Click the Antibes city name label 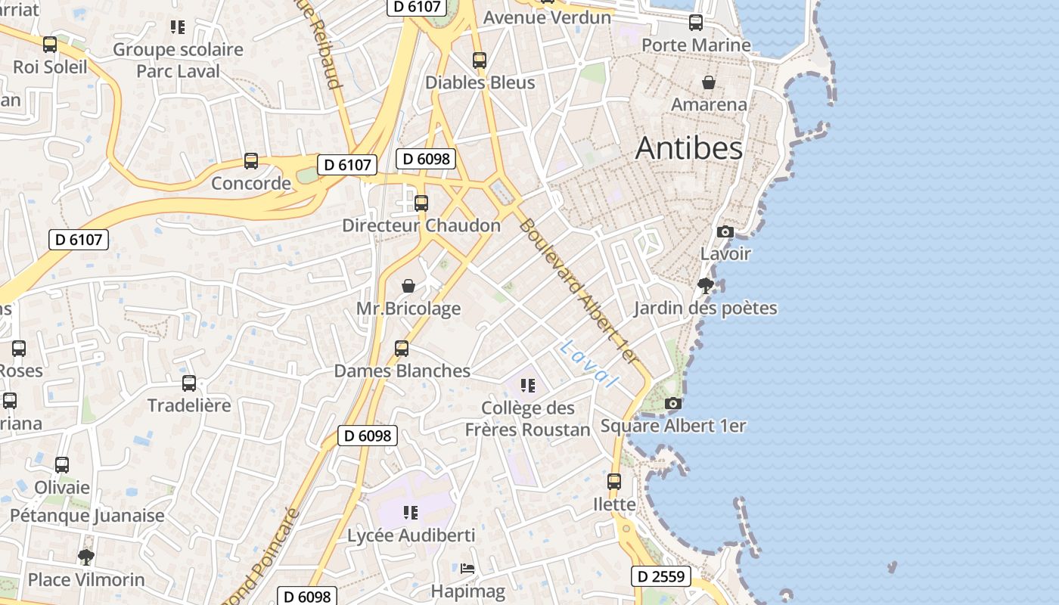click(x=689, y=147)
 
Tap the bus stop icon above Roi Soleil click(x=50, y=45)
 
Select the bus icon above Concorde click(x=251, y=161)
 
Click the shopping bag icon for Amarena click(x=709, y=82)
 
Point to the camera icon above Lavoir click(x=725, y=231)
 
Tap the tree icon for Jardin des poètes click(x=706, y=286)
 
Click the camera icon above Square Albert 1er click(x=673, y=404)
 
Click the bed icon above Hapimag click(x=467, y=569)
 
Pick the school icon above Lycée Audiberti click(x=411, y=513)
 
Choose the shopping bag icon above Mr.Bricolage click(x=408, y=286)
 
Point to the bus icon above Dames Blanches click(x=402, y=349)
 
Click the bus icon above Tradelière click(x=189, y=383)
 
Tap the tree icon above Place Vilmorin click(x=86, y=557)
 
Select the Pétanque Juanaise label click(x=87, y=516)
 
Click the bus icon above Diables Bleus click(x=480, y=60)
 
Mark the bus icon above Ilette click(x=614, y=482)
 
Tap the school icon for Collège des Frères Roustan click(x=528, y=386)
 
